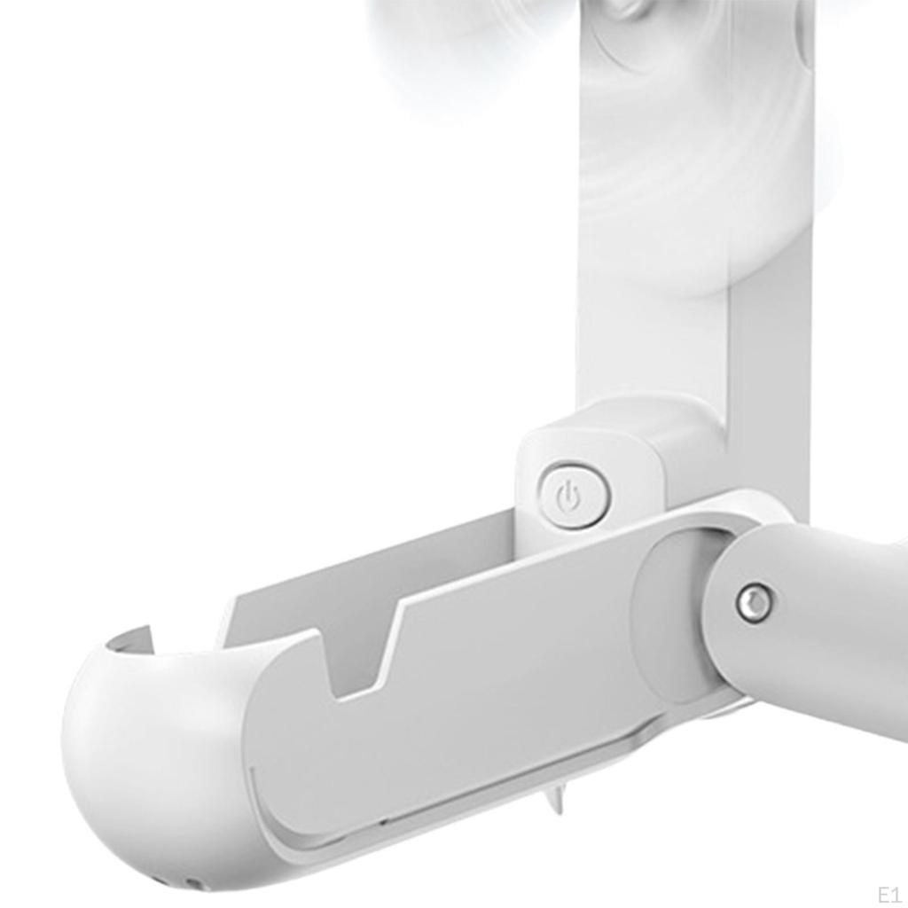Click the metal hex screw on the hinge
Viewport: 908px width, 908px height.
[754, 604]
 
